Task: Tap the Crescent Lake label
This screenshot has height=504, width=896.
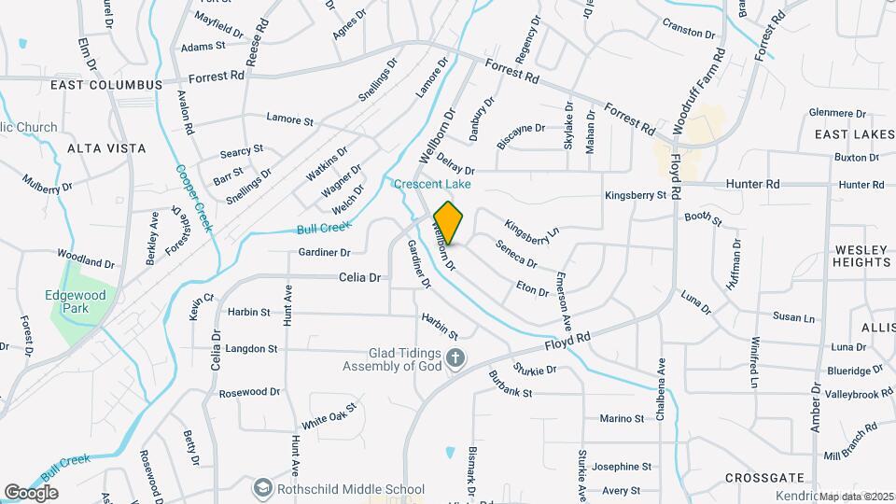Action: (x=430, y=184)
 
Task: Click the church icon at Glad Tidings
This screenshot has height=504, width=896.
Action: (x=455, y=359)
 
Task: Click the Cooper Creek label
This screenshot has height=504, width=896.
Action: (x=193, y=200)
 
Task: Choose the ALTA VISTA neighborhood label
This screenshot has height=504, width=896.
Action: (x=106, y=148)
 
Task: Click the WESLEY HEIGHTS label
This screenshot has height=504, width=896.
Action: (x=862, y=256)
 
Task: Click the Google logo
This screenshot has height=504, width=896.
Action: (x=31, y=492)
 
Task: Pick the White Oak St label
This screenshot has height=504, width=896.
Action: (x=329, y=416)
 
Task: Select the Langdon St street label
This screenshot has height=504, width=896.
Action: (x=246, y=349)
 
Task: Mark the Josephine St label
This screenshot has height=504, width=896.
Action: (x=621, y=467)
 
